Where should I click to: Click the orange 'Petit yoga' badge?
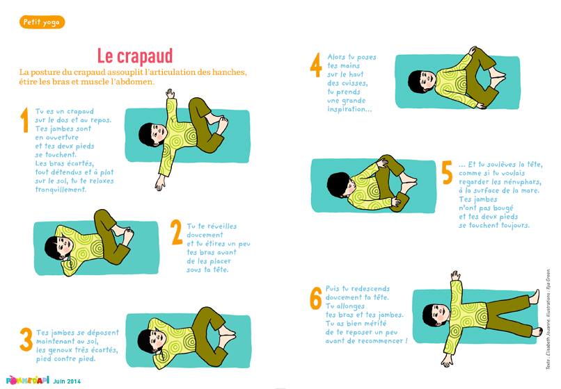tap(42, 22)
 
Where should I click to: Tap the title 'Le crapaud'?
tap(135, 56)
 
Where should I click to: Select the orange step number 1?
tap(24, 120)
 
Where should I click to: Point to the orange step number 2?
tap(177, 232)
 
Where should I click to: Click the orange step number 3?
tap(26, 340)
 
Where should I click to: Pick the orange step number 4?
tap(316, 65)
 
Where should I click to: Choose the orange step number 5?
tap(448, 172)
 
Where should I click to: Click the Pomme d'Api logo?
tap(28, 380)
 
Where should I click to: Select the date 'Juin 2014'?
tap(67, 381)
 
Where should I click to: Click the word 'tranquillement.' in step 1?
tap(61, 190)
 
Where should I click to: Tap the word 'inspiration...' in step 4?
tap(349, 109)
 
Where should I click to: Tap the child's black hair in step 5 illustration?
tap(338, 185)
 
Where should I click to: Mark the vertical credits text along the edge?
tap(548, 319)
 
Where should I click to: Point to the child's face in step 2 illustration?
tap(65, 247)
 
